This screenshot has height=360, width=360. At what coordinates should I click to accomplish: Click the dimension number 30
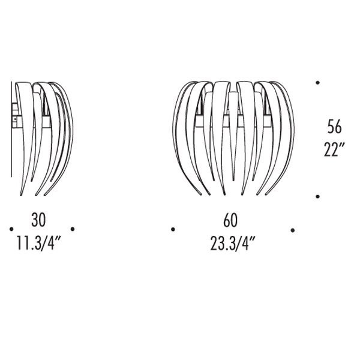click(x=38, y=220)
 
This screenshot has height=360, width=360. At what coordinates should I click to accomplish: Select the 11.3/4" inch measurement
click(x=38, y=244)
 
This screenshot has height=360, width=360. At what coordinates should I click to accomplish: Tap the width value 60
click(x=230, y=220)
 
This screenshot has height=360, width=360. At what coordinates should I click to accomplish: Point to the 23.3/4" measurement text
click(x=233, y=244)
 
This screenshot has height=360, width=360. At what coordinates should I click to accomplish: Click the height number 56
click(x=334, y=127)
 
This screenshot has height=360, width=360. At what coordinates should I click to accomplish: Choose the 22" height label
click(x=334, y=149)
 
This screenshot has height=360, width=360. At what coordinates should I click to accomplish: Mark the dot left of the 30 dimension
click(x=11, y=229)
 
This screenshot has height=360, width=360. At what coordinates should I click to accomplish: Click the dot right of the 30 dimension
click(x=73, y=229)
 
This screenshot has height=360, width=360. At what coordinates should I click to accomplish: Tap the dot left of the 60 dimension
click(x=173, y=229)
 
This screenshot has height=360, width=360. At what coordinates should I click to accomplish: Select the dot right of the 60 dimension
click(x=293, y=230)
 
